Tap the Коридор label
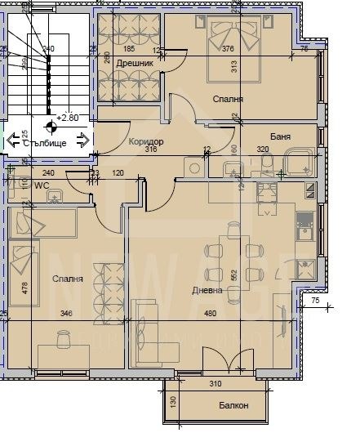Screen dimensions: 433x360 click(x=146, y=141)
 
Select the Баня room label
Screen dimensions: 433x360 click(x=282, y=137)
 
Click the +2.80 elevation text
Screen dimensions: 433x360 click(x=71, y=118)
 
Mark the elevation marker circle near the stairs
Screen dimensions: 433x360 click(x=51, y=126)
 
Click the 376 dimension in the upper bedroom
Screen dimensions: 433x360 click(x=228, y=49)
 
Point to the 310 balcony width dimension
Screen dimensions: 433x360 click(x=216, y=384)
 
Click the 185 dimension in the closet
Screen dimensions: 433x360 click(x=128, y=49)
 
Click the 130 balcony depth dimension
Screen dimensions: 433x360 click(x=173, y=401)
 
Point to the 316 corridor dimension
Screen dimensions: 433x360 click(x=150, y=150)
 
